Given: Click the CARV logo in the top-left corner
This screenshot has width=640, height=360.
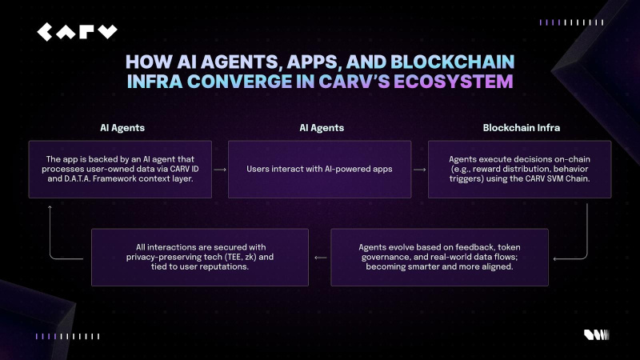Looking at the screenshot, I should (x=77, y=32).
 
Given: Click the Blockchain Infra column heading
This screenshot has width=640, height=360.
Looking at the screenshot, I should (x=518, y=127).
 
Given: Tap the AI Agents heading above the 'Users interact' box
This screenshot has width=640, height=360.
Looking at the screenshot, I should (x=319, y=127).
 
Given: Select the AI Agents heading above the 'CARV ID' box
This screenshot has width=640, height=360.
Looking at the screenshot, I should (x=122, y=127).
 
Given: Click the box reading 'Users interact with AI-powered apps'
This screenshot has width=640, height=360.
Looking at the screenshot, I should (x=319, y=170).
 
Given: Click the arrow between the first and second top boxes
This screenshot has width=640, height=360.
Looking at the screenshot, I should (x=219, y=170).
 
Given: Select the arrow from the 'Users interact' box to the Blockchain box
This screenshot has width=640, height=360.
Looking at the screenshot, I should (x=419, y=170).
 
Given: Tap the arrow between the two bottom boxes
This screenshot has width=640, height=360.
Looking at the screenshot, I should (x=320, y=258).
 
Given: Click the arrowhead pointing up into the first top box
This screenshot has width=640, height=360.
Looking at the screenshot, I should (x=50, y=206).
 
